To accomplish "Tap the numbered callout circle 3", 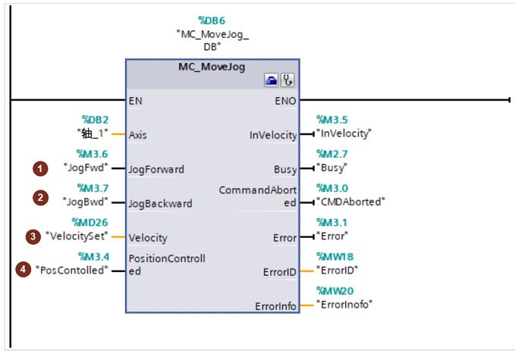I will tap(33, 236).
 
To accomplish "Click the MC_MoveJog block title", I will tap(212, 67).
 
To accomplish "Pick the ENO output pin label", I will tap(286, 100).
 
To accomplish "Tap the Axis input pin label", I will tap(138, 135).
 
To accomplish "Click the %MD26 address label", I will tap(89, 222).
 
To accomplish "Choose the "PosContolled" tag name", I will tap(71, 271).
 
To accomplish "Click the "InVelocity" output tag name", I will tap(346, 135).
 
